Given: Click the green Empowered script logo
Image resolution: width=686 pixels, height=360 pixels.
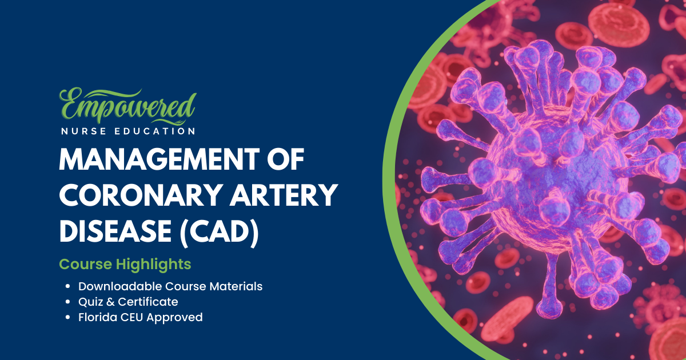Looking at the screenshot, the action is tap(127, 106).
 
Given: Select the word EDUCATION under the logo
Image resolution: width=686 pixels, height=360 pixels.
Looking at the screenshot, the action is tap(155, 131).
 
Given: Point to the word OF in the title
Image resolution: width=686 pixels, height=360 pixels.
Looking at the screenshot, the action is tap(285, 159).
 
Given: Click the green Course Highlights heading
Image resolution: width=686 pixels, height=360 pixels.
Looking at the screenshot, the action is tap(125, 264).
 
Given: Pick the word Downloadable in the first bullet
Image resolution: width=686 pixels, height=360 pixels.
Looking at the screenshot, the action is tap(120, 286).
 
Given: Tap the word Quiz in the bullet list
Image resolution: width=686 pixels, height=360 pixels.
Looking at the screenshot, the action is tap(90, 302).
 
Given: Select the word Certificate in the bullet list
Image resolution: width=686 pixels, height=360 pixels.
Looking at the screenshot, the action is tap(148, 302).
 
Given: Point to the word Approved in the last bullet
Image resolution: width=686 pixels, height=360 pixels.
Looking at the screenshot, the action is tap(174, 318).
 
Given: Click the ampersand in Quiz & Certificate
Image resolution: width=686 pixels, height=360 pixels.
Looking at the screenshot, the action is tap(110, 302).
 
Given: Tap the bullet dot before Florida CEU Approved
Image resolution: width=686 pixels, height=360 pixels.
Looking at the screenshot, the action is tap(68, 318).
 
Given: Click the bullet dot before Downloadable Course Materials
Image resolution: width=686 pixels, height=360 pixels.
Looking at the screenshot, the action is tap(68, 286).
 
